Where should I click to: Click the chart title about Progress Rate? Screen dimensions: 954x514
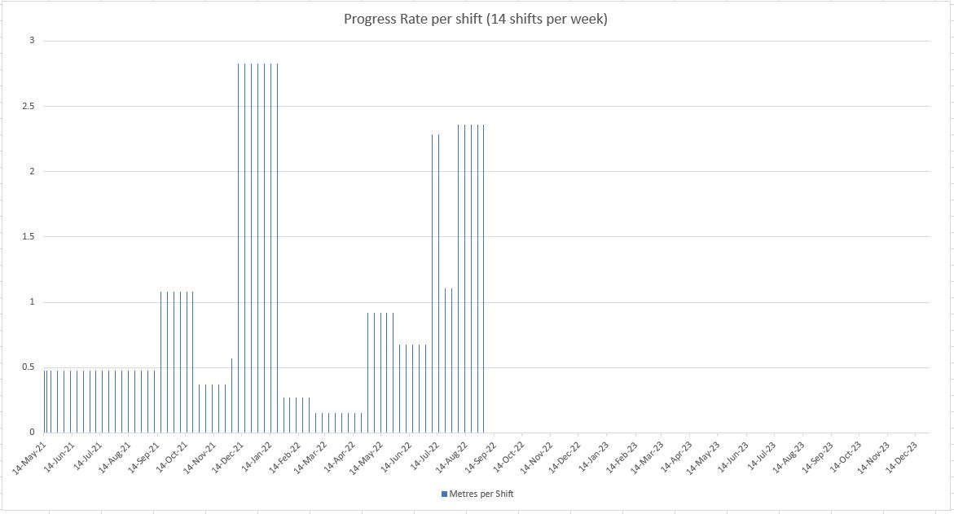point(475,19)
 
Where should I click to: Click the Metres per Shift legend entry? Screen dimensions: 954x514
point(477,494)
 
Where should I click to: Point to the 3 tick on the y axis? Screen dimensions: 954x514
point(33,41)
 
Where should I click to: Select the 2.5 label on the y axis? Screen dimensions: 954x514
point(28,107)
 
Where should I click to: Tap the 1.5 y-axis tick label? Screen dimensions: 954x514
point(28,236)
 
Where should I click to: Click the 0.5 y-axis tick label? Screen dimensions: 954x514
point(28,367)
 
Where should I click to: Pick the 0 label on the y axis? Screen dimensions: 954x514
point(33,432)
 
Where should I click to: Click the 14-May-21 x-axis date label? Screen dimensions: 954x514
point(29,455)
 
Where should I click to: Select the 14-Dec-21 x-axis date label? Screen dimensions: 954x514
point(226,455)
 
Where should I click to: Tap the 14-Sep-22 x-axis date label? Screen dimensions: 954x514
point(479,455)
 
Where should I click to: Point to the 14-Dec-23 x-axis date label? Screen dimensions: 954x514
point(902,455)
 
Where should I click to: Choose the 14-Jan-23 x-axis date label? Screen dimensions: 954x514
point(592,455)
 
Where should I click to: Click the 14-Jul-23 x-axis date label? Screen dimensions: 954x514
point(761,455)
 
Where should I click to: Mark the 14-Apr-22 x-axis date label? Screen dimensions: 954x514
point(339,455)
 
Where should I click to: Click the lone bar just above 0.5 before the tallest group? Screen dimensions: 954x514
point(232,395)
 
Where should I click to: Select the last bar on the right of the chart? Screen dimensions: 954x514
point(484,279)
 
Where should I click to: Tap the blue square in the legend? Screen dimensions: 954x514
point(445,494)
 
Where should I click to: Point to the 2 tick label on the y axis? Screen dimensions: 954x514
point(33,171)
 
